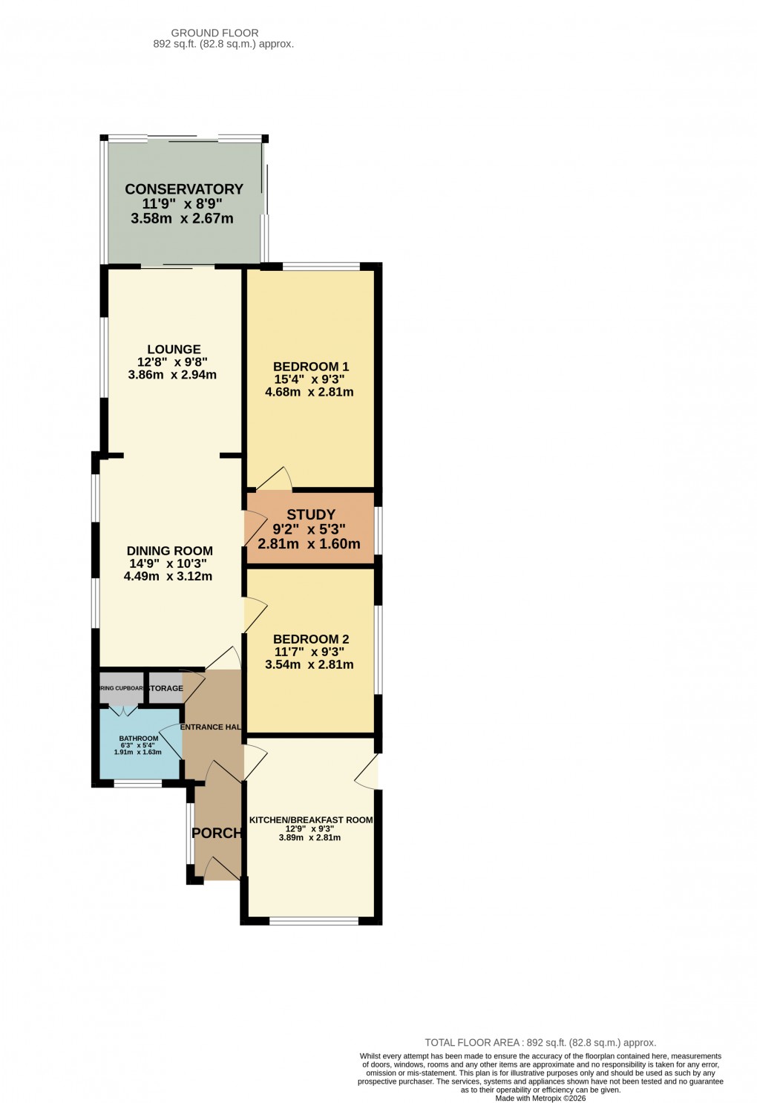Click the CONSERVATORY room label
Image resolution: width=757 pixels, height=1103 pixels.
[x=183, y=189]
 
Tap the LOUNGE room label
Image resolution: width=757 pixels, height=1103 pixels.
[x=174, y=350]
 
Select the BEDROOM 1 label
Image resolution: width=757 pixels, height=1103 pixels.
[x=310, y=367]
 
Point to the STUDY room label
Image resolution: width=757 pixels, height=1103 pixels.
[x=310, y=514]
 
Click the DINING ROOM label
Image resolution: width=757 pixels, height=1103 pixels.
[x=170, y=551]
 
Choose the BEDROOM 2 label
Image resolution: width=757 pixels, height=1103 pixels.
[x=310, y=639]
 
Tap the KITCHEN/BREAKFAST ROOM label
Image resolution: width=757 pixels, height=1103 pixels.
[x=310, y=820]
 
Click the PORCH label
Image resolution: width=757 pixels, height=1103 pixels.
[x=217, y=833]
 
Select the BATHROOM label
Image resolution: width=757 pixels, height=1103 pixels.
[x=139, y=739]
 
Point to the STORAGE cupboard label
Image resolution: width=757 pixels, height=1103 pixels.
[x=166, y=689]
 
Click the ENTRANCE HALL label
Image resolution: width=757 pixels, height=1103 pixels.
[x=212, y=727]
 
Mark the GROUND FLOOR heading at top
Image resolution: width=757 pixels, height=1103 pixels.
[x=214, y=33]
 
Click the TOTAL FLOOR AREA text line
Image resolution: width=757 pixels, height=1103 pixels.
[x=540, y=1042]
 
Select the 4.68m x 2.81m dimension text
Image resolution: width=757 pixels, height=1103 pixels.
[x=309, y=392]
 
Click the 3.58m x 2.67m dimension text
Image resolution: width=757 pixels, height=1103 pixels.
[x=182, y=219]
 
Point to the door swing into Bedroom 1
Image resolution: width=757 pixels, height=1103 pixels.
[x=276, y=479]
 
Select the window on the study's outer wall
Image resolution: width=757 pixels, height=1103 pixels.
[x=378, y=530]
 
